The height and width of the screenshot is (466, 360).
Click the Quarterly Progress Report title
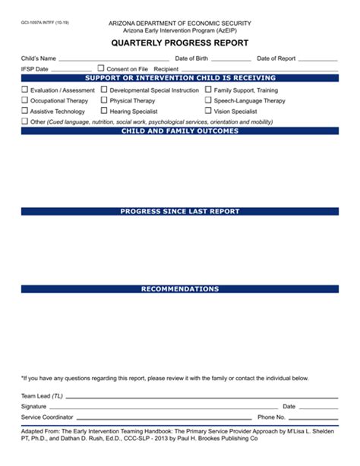click(x=180, y=43)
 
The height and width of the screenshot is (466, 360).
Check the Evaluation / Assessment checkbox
click(x=24, y=90)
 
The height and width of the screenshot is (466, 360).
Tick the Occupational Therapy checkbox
click(x=24, y=100)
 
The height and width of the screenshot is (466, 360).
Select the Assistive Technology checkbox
click(x=24, y=111)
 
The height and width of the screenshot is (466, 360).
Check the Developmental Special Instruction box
click(x=104, y=90)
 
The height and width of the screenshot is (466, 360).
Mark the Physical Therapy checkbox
click(x=104, y=100)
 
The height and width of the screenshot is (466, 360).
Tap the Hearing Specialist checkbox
click(x=104, y=111)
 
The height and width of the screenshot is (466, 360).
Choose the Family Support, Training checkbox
click(x=208, y=90)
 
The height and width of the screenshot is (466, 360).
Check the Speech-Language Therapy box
click(x=208, y=100)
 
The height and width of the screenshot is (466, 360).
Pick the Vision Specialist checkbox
click(x=208, y=111)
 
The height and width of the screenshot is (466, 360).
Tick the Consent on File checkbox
click(x=101, y=68)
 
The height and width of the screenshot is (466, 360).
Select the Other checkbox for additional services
click(x=24, y=121)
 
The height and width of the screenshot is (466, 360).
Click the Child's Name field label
click(x=39, y=58)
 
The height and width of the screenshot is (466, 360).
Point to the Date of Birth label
click(x=191, y=58)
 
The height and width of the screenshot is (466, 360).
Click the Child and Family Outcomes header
click(x=180, y=131)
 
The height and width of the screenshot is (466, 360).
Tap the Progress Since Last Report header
click(x=180, y=211)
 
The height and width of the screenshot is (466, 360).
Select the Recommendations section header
click(x=180, y=289)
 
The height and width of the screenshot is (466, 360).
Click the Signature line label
click(x=33, y=407)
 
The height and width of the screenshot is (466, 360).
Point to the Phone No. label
click(x=271, y=417)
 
